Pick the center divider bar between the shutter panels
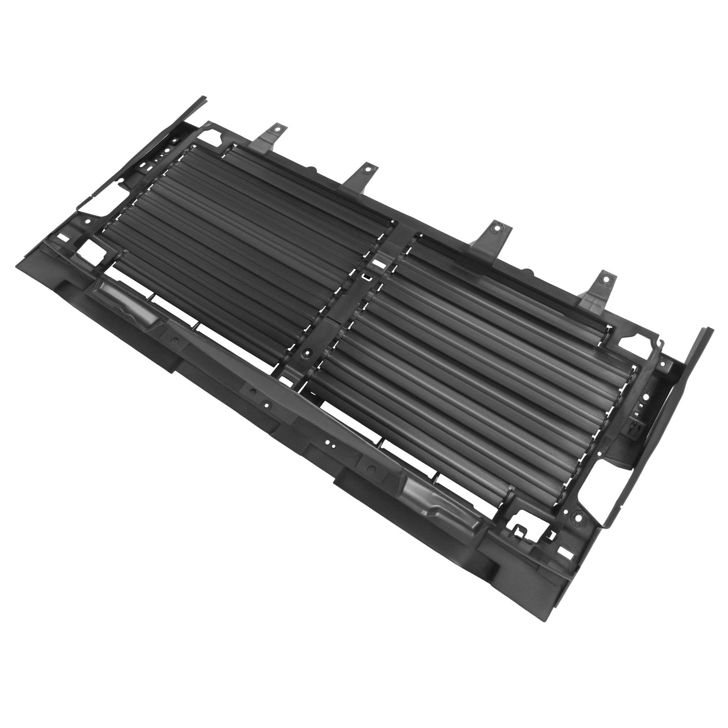pyautogui.click(x=346, y=309)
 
